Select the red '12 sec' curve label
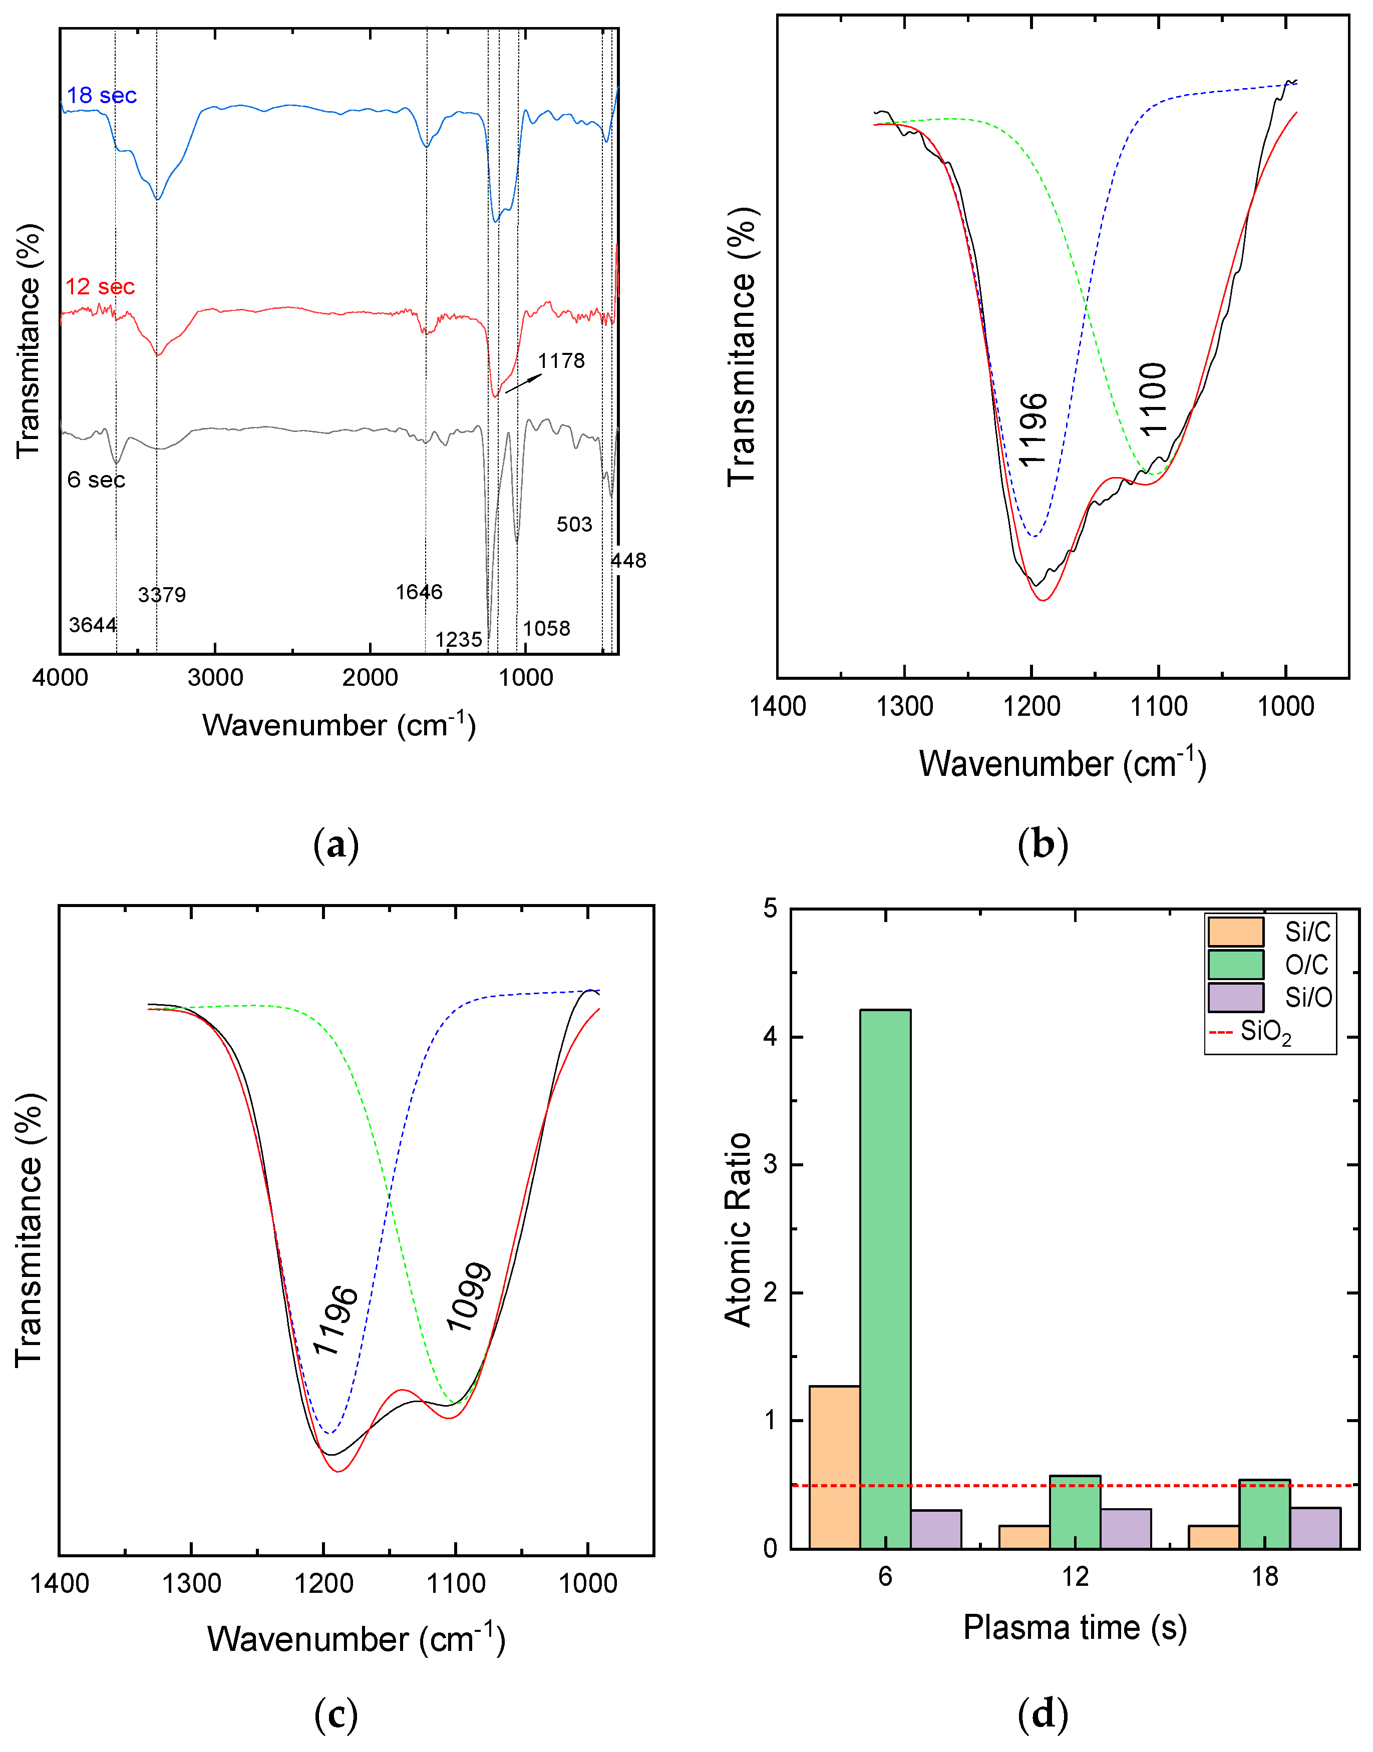pyautogui.click(x=100, y=287)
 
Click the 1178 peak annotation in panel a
pyautogui.click(x=561, y=361)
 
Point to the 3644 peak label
pyautogui.click(x=93, y=625)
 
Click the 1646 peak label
pyautogui.click(x=419, y=592)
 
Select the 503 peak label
pyautogui.click(x=574, y=525)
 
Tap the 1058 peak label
pyautogui.click(x=547, y=629)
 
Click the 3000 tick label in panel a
pyautogui.click(x=215, y=677)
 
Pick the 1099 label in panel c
pyautogui.click(x=469, y=1297)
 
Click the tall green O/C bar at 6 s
pyautogui.click(x=885, y=1278)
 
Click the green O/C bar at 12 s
pyautogui.click(x=1075, y=1512)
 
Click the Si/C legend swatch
pyautogui.click(x=1235, y=932)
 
